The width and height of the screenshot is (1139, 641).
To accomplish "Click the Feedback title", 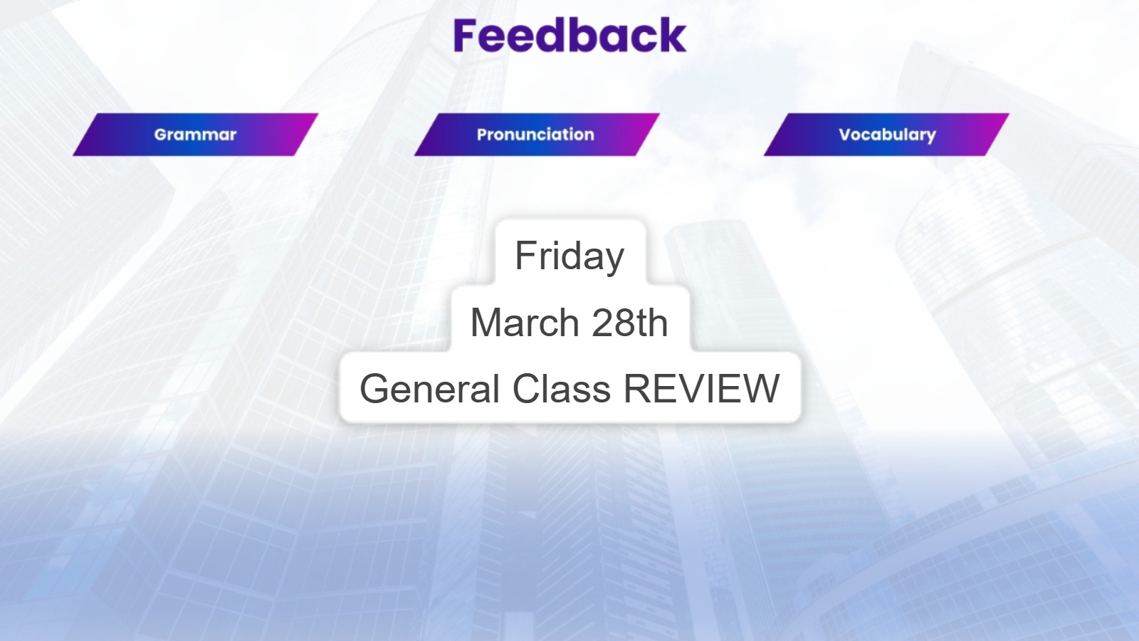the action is (x=569, y=35).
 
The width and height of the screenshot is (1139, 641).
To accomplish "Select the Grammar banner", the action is (x=195, y=135).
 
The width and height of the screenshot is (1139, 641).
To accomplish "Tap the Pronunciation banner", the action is (x=537, y=135).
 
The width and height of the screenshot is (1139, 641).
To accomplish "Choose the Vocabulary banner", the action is (x=886, y=135).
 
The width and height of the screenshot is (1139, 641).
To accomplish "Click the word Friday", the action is (x=569, y=256).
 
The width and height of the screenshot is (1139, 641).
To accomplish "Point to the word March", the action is (x=525, y=323).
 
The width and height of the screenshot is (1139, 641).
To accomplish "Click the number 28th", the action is (x=629, y=323).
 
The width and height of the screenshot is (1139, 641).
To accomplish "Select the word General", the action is (x=429, y=388).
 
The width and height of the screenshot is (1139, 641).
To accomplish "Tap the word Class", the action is (x=562, y=388).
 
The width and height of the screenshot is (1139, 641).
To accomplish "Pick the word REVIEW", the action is (x=702, y=388).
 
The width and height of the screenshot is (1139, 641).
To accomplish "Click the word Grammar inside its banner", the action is (x=195, y=135).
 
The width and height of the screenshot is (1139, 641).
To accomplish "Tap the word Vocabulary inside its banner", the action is (x=887, y=135).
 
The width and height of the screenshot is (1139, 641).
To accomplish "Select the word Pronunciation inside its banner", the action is (x=535, y=135).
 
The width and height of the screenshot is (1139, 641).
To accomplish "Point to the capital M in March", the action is (x=488, y=323).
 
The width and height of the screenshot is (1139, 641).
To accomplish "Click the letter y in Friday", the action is (x=614, y=261).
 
